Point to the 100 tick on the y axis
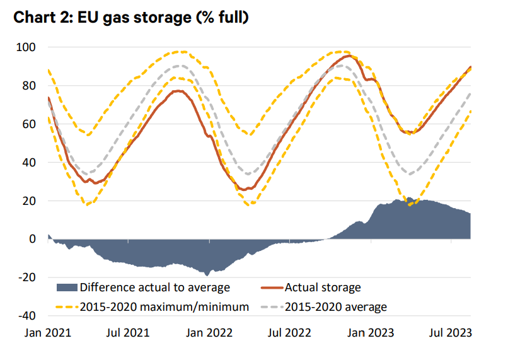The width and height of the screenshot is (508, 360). pos(28,47)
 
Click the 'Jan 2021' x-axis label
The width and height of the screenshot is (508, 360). pos(48,332)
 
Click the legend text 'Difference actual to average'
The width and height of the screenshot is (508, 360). pos(154,288)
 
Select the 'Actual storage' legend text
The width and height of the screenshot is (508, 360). pos(323,288)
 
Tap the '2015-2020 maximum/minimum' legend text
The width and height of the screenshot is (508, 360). pos(165,308)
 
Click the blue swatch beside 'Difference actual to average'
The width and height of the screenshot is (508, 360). pos(67,288)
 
